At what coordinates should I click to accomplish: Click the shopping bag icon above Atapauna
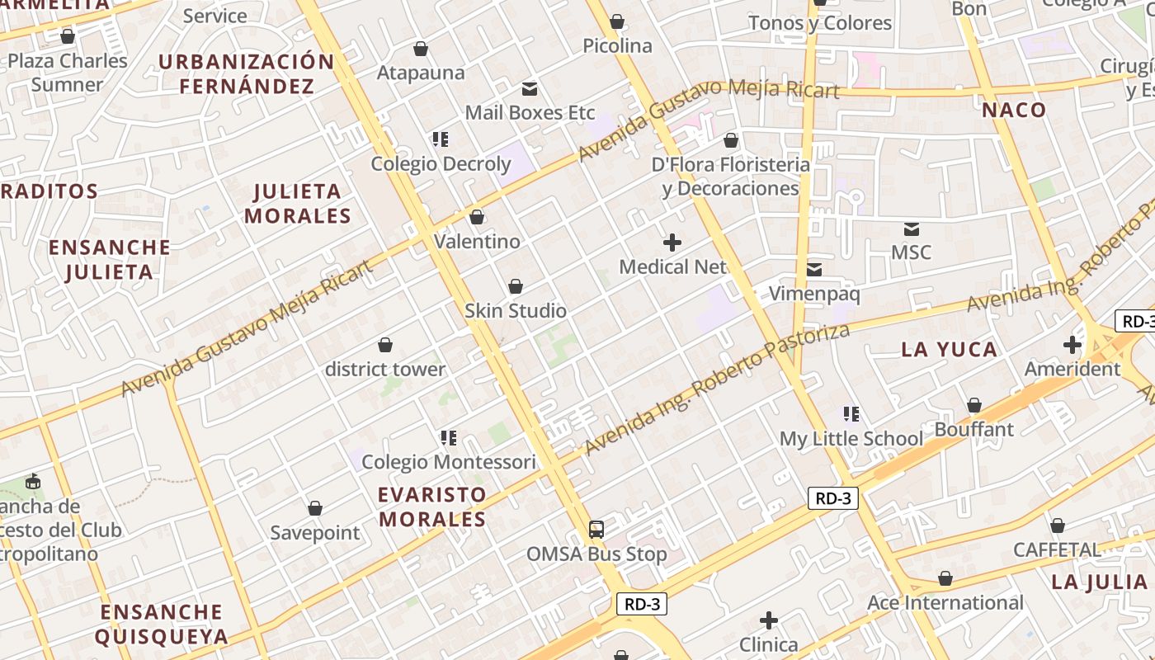(421, 49)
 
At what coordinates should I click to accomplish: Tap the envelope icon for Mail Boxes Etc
(530, 88)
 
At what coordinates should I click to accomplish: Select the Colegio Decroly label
(441, 163)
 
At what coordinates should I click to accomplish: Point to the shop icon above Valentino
(476, 218)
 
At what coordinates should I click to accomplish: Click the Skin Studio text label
(516, 311)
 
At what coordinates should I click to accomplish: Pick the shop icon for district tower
(384, 345)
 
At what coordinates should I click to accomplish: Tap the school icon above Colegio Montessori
(449, 438)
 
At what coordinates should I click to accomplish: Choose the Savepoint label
(315, 533)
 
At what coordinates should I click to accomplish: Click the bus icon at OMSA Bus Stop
(596, 530)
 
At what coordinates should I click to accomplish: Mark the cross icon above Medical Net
(672, 243)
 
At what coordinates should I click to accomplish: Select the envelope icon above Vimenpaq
(814, 270)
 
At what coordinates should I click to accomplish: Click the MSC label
(911, 252)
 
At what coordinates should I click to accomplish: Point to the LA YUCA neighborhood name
(949, 350)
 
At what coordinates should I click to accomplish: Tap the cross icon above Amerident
(1072, 345)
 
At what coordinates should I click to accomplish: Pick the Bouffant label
(973, 430)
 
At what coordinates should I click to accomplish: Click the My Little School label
(851, 439)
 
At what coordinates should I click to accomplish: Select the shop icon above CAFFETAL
(1058, 526)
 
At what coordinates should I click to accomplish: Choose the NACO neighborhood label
(1014, 111)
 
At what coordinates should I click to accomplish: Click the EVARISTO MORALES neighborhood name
(432, 507)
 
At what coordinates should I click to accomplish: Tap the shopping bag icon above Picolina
(616, 22)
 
